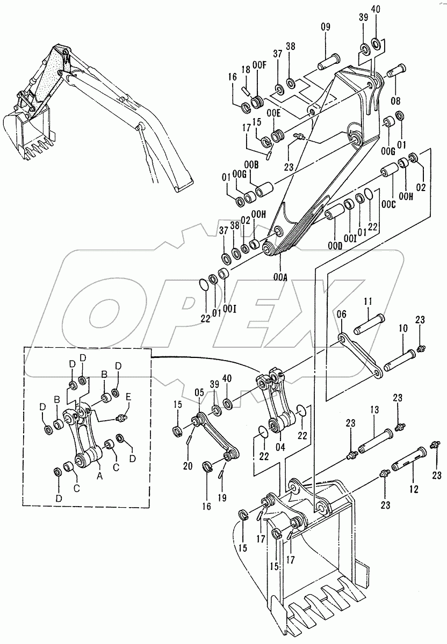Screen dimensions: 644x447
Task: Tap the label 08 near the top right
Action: point(397,100)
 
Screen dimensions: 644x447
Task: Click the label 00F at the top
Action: point(259,65)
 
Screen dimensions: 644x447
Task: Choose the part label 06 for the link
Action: point(342,314)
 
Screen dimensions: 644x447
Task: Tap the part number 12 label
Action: point(412,475)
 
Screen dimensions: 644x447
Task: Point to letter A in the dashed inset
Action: point(98,474)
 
